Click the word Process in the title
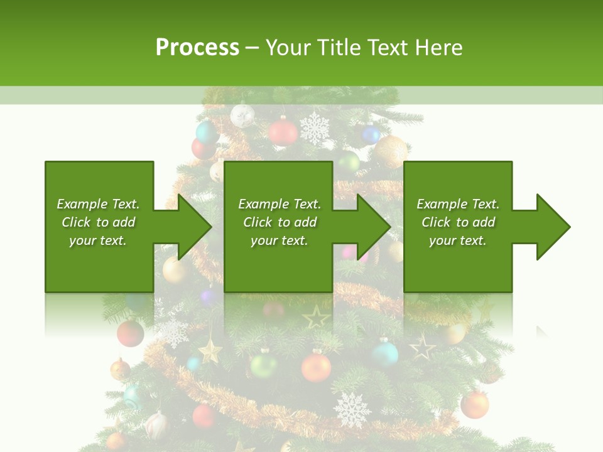coord(197,48)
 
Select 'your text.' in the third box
coord(457,240)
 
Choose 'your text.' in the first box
coord(97,240)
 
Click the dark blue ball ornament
coord(371,134)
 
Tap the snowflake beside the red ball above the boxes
coord(314,128)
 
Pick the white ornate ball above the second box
coord(242,116)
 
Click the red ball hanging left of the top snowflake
coord(283,132)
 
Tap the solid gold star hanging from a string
coord(210,349)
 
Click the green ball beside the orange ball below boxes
coord(263,365)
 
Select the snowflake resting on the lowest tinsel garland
coord(352,409)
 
